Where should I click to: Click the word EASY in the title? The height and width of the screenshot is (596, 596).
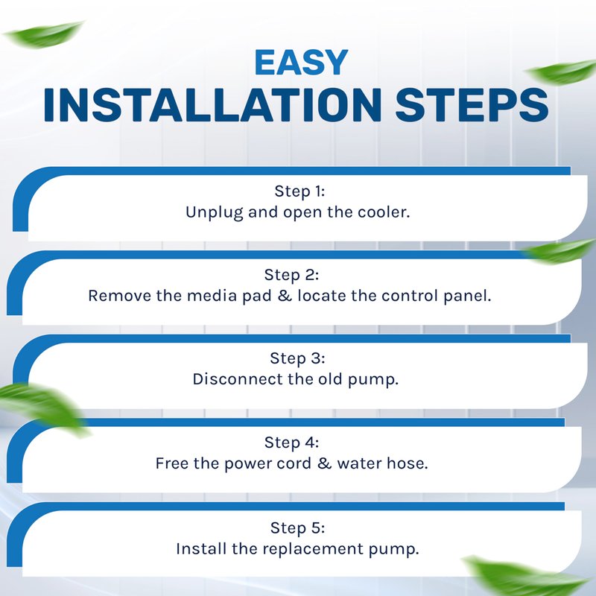(x=301, y=63)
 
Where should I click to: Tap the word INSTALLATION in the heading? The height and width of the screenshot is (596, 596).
(x=212, y=104)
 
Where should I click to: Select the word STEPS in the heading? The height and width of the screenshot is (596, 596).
(x=472, y=104)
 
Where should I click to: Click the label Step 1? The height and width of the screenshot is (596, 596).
(x=300, y=191)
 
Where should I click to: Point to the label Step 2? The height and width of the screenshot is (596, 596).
(x=291, y=274)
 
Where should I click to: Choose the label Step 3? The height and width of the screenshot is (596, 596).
(x=297, y=358)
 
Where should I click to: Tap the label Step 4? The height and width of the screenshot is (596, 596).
(x=291, y=442)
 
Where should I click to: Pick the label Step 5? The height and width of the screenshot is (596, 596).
(x=297, y=527)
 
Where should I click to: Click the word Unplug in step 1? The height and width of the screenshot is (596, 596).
(x=214, y=212)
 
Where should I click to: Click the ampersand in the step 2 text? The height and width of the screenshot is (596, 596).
(x=285, y=296)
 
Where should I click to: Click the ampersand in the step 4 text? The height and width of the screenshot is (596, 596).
(x=324, y=463)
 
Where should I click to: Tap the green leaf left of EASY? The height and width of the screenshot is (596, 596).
(x=44, y=34)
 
